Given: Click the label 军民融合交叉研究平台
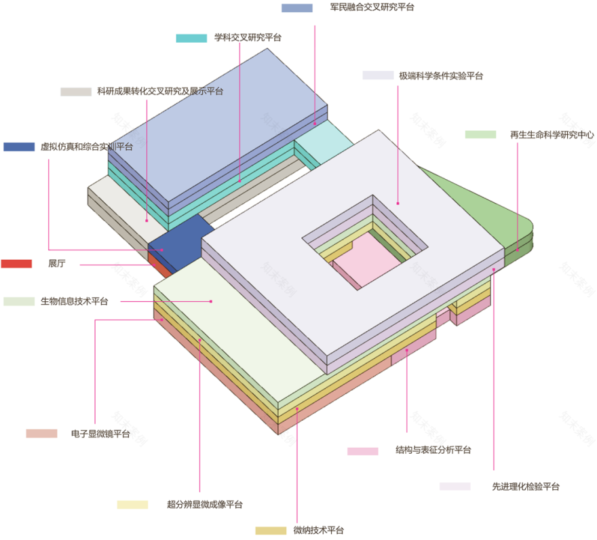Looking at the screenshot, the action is point(372,7).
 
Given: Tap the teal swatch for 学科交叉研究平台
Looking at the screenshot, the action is point(191,38).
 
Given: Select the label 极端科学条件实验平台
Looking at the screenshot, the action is point(441,76).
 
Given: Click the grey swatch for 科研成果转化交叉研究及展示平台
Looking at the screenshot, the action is point(76,92).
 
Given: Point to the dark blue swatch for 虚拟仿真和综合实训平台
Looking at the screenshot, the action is point(19,147).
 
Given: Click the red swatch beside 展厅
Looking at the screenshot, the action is point(16,263).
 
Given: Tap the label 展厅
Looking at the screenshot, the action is point(57,263).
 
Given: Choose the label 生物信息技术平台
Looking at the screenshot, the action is point(74,301).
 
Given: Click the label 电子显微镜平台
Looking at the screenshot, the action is point(100,433).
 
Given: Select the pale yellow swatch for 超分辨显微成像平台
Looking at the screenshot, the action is point(132,505).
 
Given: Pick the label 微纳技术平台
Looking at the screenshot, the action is point(319,530).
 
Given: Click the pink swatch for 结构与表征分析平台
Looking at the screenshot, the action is point(363,451).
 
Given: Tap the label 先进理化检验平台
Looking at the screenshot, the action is point(526,486).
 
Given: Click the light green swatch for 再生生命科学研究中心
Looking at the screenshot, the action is point(480,134).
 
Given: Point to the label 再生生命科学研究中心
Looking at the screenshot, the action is point(552,134).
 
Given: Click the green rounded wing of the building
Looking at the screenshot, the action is point(495,213).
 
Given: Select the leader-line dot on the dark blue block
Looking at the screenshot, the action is point(162,250).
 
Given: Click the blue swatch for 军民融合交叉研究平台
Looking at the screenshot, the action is point(297,8).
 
